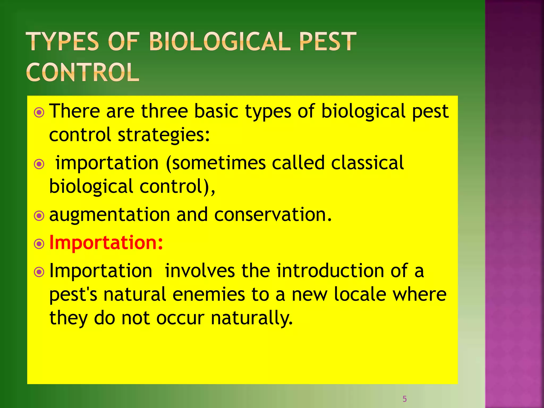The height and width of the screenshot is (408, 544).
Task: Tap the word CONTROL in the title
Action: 83,73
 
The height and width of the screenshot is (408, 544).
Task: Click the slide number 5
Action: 405,399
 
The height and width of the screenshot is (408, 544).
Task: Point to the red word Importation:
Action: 106,243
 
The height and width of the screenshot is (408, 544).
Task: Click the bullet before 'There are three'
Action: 39,113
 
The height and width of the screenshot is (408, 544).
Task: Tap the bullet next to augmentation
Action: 39,216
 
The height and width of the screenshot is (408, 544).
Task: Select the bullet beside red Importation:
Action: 39,244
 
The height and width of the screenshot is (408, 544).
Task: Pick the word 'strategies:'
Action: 164,135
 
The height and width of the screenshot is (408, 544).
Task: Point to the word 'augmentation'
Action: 110,215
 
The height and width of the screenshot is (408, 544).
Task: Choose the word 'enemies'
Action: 209,295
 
